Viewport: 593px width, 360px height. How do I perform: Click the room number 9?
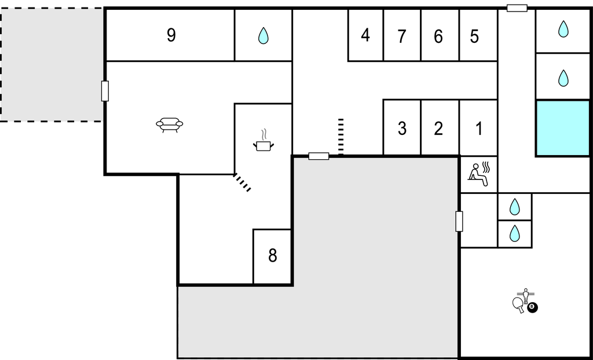coord(171,35)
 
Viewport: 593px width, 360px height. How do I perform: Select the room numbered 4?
coord(365,35)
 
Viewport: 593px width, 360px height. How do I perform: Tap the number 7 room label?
coord(402,36)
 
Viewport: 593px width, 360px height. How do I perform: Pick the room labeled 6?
coord(438,36)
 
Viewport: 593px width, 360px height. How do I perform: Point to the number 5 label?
coord(474,36)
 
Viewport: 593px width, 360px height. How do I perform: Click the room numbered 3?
coord(402,128)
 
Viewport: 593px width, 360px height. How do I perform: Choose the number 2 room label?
coord(438,128)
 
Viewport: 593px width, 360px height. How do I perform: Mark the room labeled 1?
coord(479,128)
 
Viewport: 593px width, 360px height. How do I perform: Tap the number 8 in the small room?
coord(273,256)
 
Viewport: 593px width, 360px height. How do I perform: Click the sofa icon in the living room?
coord(170,124)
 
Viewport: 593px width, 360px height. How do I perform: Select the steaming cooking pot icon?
coord(263,140)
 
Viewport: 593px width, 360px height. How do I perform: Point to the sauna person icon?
coord(479,174)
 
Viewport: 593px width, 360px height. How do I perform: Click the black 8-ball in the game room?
coord(532,307)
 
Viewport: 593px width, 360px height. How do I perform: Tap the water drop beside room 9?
coord(263,36)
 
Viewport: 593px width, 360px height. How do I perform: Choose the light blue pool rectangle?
coord(563,128)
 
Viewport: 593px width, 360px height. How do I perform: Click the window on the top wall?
coord(517,8)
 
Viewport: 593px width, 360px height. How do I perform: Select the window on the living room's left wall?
coord(105,91)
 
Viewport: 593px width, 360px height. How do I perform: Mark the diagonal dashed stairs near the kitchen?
coord(242,182)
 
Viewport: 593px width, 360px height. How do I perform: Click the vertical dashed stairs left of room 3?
coord(341,137)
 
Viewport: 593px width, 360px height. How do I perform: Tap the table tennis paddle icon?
coord(518,304)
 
